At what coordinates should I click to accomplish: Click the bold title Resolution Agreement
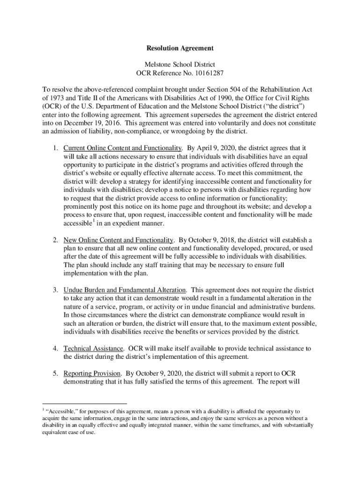point(180,48)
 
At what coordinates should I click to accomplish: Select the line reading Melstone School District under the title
point(180,64)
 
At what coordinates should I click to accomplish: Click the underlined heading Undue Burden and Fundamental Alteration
point(125,290)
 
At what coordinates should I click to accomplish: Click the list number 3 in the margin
point(55,290)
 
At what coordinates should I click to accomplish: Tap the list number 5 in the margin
point(55,373)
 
